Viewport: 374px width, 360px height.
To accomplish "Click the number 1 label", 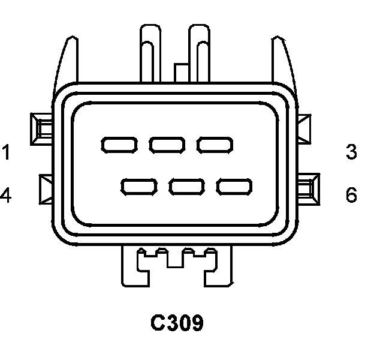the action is [x=5, y=152].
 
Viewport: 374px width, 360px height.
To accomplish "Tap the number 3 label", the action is [x=352, y=152].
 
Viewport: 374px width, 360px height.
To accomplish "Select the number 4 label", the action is [x=5, y=196].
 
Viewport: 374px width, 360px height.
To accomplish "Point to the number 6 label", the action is [x=352, y=195].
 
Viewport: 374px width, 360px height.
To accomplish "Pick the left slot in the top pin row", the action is [x=119, y=145].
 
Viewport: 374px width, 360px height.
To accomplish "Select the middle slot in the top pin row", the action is [x=167, y=145].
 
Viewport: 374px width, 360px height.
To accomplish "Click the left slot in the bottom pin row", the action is [x=139, y=187].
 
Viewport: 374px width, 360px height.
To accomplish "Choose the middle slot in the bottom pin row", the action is [x=187, y=187].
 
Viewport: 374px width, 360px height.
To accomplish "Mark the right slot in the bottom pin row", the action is [x=234, y=187].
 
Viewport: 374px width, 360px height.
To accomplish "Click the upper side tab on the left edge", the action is [x=42, y=127].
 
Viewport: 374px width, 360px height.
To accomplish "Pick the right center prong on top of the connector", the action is [x=200, y=54].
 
